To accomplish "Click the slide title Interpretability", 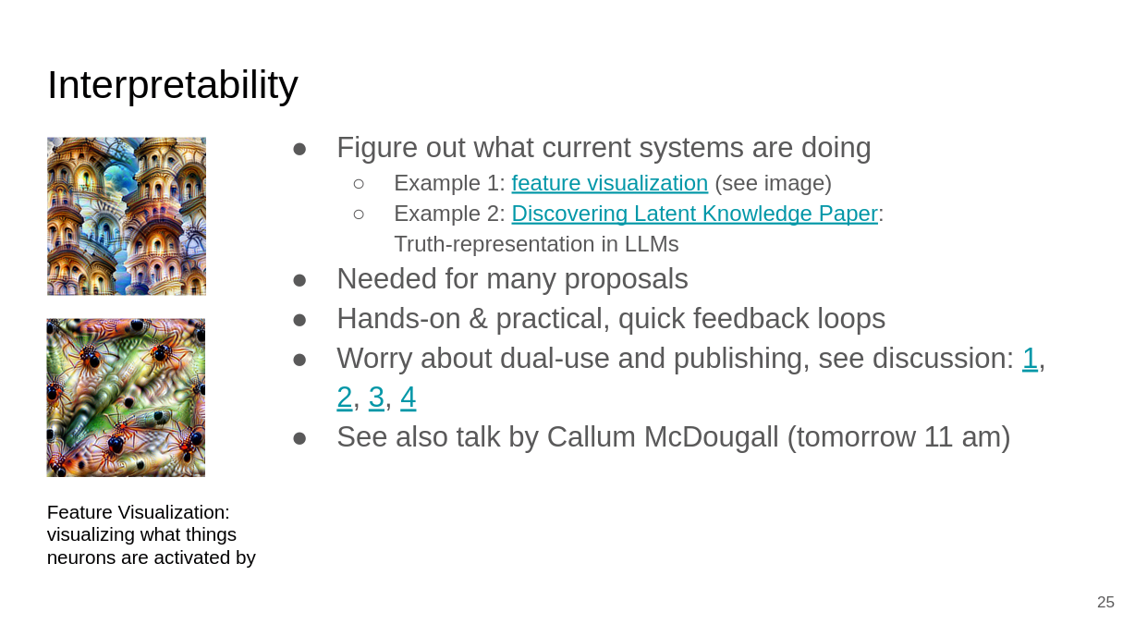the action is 173,85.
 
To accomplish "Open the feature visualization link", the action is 610,183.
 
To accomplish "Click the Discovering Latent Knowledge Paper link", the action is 695,214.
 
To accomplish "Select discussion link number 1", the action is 1030,359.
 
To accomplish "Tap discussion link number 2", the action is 345,398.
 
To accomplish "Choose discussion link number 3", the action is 376,398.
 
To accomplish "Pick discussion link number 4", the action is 409,398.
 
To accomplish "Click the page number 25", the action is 1105,602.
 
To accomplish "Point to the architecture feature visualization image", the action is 127,216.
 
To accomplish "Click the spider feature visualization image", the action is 127,398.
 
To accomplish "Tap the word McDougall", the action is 711,436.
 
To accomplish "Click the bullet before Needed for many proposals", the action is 299,280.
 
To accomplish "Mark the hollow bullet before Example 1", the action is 359,183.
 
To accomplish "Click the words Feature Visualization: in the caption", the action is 139,512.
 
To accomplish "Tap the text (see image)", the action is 774,183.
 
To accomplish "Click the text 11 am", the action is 962,436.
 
